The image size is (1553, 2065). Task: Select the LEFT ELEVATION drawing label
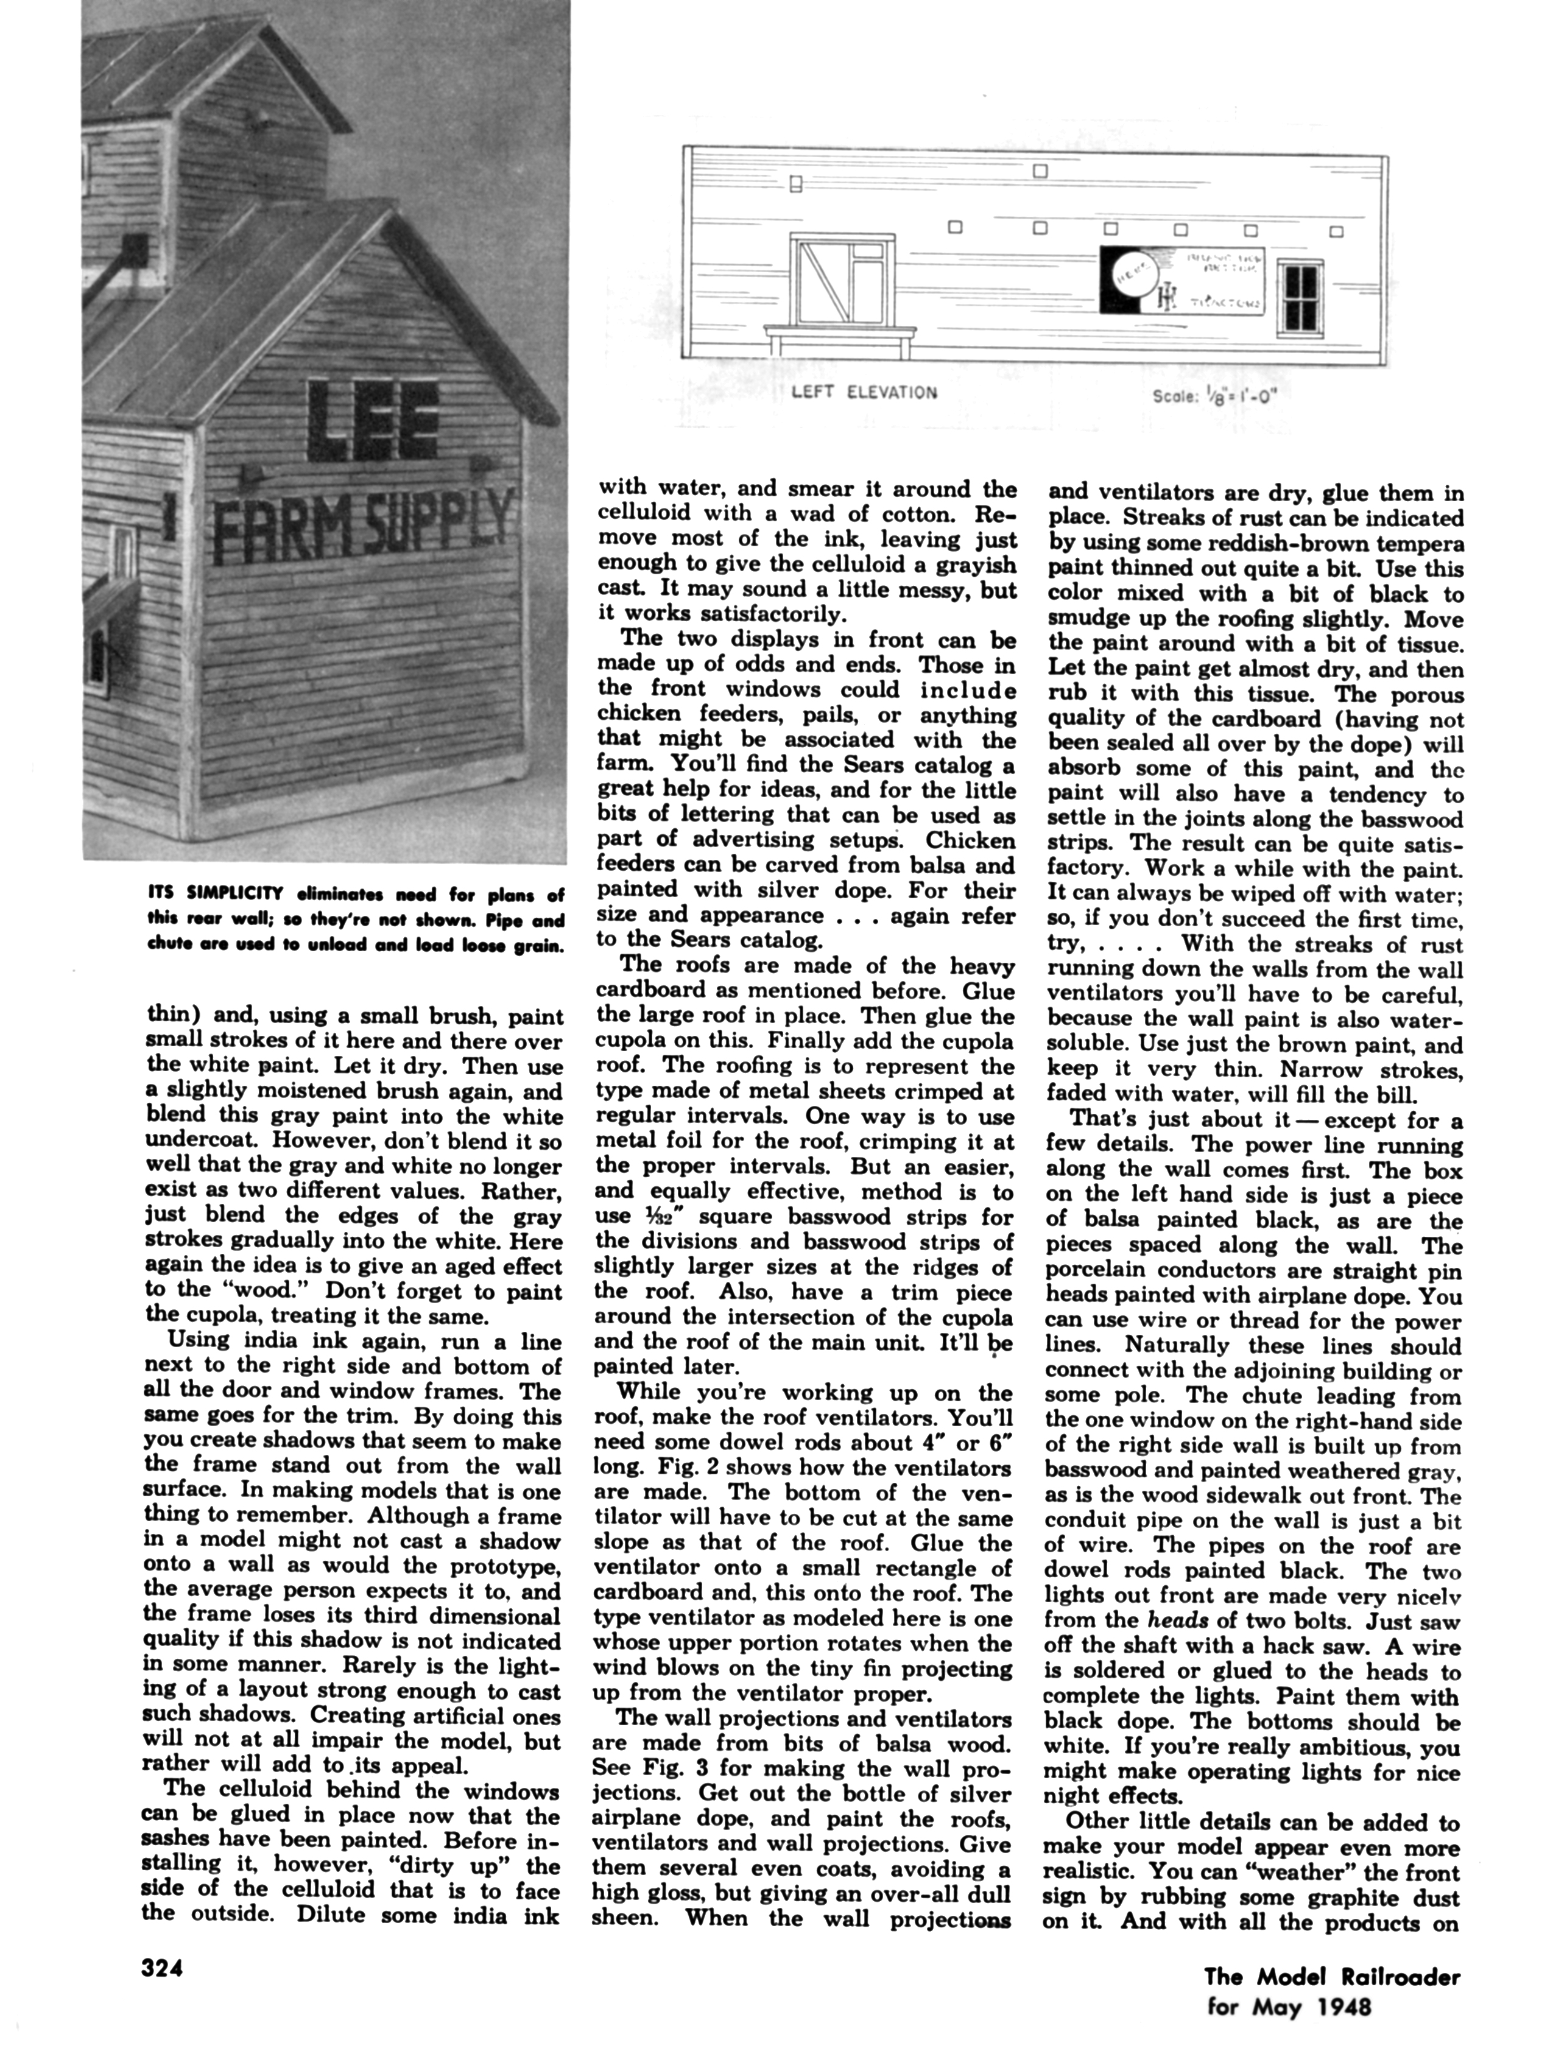[x=864, y=392]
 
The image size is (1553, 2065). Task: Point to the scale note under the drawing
[x=1214, y=395]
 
